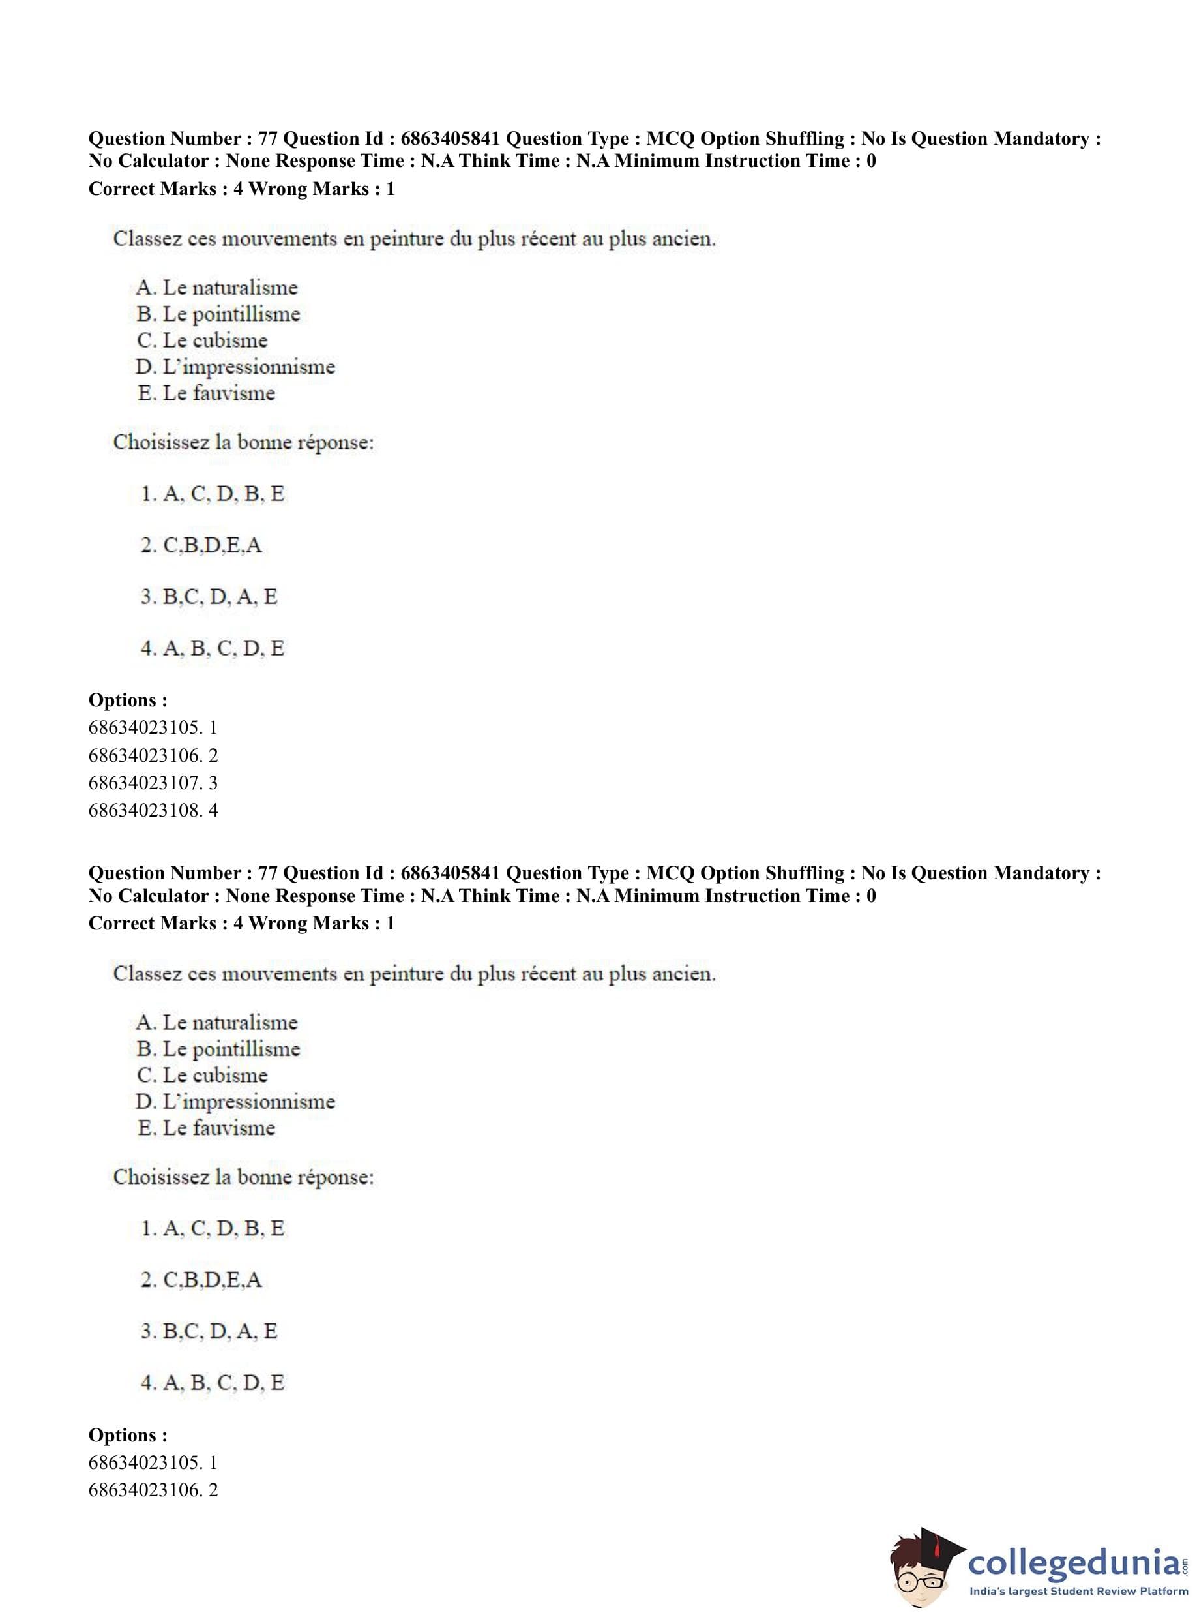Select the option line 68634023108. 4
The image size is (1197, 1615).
(x=152, y=810)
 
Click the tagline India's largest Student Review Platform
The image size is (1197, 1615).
(x=1078, y=1590)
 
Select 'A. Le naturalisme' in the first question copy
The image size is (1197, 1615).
(x=216, y=288)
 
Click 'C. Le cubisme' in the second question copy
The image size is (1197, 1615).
(x=202, y=1075)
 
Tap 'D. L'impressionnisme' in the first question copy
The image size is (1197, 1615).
(x=235, y=367)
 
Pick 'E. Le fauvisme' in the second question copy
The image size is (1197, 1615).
(x=207, y=1128)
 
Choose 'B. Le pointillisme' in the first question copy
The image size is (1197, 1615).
(x=218, y=314)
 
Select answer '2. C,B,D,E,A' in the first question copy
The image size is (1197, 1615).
(x=201, y=545)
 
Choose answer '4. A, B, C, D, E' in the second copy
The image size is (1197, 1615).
(x=212, y=1382)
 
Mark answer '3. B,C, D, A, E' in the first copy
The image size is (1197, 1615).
(x=209, y=597)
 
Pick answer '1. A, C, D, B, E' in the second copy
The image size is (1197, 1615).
(x=212, y=1228)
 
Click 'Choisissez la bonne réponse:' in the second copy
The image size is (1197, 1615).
(x=243, y=1177)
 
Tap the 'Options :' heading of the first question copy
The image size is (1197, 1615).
(x=128, y=701)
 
